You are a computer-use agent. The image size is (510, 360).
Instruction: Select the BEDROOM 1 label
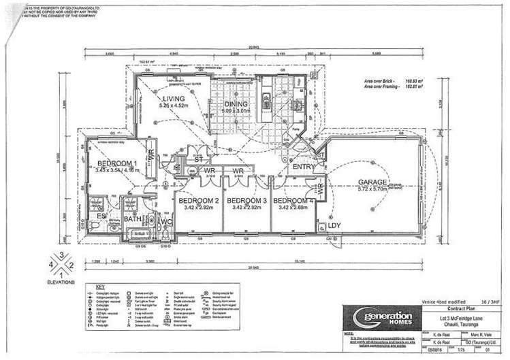(x=117, y=163)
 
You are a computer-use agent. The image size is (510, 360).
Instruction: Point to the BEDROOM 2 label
(x=198, y=200)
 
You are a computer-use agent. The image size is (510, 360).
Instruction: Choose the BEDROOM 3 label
(x=246, y=200)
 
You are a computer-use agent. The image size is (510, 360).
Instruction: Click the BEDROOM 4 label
(x=293, y=200)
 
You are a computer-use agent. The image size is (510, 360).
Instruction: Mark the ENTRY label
(x=302, y=167)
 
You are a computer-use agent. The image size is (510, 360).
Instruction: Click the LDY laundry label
(x=334, y=225)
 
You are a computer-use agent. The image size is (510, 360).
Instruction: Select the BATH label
(x=131, y=219)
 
